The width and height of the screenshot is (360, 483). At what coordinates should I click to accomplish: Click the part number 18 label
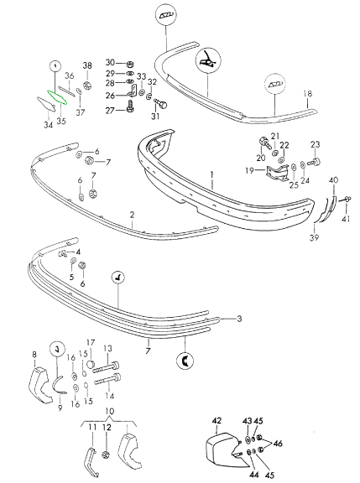click(308, 93)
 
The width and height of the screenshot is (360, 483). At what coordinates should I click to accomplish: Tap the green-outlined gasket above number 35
click(57, 97)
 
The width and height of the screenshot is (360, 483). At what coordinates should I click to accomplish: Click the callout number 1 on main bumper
click(212, 175)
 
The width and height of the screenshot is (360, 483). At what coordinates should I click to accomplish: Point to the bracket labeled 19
click(279, 173)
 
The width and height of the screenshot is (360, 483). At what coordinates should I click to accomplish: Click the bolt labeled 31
click(160, 104)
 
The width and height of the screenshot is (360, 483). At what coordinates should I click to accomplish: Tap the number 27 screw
click(129, 106)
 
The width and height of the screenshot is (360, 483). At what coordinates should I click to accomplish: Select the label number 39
click(315, 237)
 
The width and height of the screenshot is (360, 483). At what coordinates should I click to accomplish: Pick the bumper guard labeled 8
click(39, 382)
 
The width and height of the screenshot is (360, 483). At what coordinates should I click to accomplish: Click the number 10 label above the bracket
click(110, 411)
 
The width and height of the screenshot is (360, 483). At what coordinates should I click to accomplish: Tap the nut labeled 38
click(88, 86)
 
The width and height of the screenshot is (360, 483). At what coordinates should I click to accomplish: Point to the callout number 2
click(133, 215)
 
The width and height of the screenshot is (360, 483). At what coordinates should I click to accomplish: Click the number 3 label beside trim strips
click(239, 319)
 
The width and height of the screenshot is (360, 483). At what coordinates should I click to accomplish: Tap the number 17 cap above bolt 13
click(91, 364)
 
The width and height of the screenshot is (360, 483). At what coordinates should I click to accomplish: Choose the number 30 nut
click(130, 64)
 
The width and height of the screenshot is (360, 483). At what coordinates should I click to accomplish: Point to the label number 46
click(278, 444)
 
